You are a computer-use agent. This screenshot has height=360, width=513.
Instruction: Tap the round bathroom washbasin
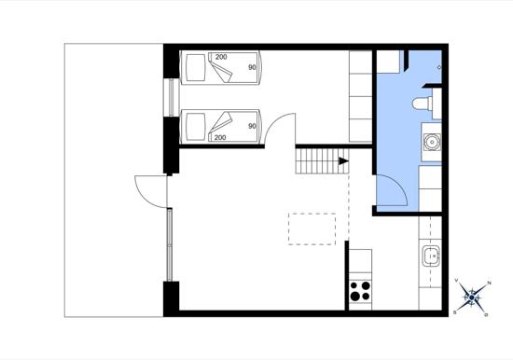(x=432, y=142)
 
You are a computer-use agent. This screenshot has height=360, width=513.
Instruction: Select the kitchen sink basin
(x=431, y=256)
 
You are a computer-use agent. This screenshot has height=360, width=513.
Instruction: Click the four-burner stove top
(x=360, y=291)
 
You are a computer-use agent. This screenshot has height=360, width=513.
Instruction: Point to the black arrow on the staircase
(x=343, y=161)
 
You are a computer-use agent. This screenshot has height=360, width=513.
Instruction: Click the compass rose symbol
(x=471, y=298)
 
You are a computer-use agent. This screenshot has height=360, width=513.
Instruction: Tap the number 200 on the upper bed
(x=221, y=57)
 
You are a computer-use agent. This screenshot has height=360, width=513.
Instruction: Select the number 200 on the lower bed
(x=220, y=137)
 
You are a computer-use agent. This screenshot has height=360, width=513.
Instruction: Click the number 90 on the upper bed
(x=252, y=67)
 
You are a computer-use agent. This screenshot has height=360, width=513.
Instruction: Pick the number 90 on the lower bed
(x=252, y=126)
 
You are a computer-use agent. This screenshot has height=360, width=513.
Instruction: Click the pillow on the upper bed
(x=195, y=68)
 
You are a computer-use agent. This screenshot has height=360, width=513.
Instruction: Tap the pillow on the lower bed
(x=195, y=127)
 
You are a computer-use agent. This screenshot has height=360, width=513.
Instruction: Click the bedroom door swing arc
(x=272, y=122)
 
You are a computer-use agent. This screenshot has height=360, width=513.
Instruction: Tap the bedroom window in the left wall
(x=171, y=97)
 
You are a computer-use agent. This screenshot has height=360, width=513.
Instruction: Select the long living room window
(x=170, y=244)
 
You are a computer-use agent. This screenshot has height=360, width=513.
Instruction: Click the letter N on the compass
(x=489, y=283)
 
